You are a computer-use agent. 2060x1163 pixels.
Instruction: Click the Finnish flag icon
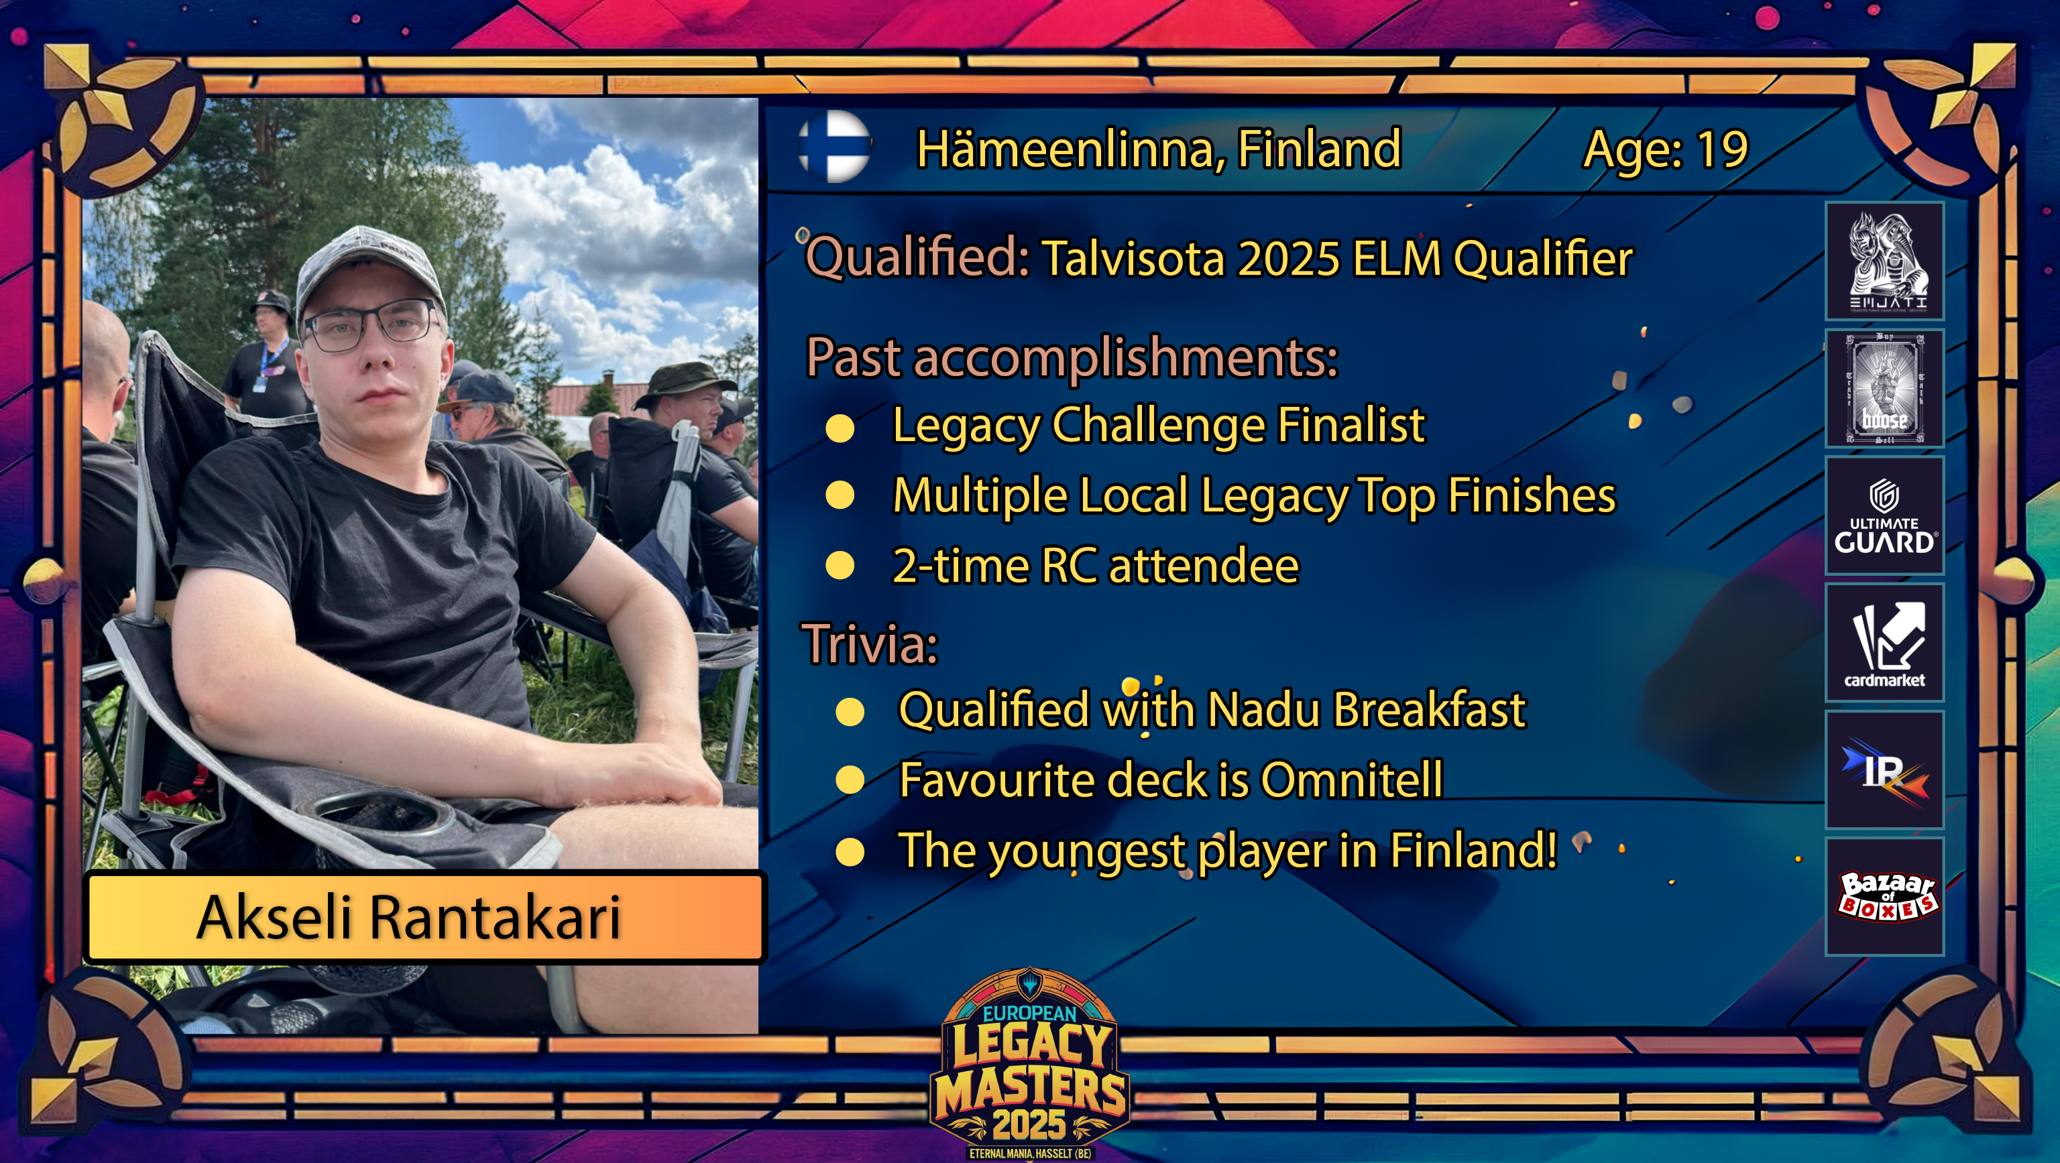(834, 147)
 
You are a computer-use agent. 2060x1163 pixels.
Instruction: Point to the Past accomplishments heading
(1072, 357)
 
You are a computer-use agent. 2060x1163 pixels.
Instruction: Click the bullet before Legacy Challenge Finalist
(840, 428)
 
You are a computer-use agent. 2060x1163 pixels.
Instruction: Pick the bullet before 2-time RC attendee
(840, 566)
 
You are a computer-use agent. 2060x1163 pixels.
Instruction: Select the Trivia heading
(870, 644)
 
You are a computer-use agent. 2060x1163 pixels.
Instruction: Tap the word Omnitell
(1351, 780)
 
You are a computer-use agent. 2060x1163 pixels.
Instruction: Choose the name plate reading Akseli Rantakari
(424, 917)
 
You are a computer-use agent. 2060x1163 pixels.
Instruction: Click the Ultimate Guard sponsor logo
(1884, 515)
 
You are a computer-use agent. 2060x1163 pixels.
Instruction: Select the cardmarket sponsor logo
(1884, 643)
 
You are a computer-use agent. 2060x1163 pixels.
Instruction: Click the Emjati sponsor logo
(1884, 261)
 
